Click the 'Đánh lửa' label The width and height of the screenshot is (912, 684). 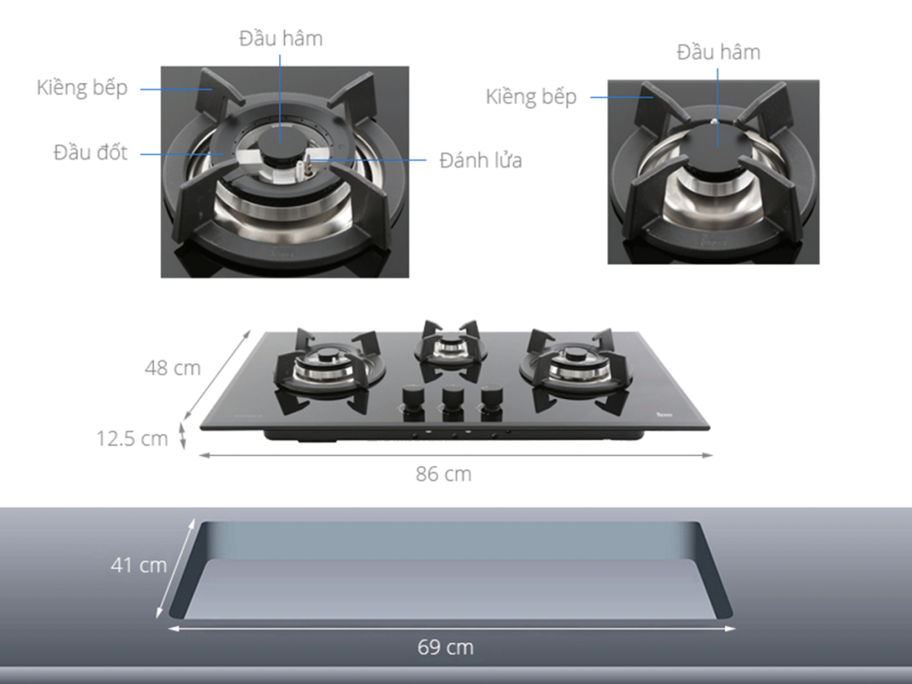point(480,160)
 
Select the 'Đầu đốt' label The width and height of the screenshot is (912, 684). point(90,152)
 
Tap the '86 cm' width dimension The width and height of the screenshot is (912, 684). point(444,474)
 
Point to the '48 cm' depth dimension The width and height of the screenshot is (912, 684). point(173,368)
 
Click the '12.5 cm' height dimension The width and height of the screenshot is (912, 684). point(132,438)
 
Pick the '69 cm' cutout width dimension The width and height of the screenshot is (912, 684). point(445,647)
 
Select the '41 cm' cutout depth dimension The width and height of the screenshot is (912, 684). point(139,565)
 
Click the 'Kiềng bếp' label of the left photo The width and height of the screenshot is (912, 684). point(82,88)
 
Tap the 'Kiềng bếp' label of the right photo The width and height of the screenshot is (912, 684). point(531,96)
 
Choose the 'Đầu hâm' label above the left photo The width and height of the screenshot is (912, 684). point(281,38)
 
